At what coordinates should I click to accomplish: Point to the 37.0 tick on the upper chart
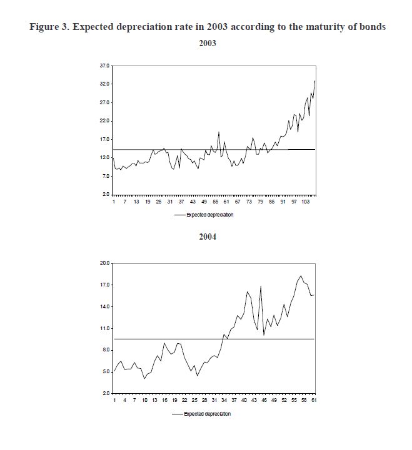click(104, 66)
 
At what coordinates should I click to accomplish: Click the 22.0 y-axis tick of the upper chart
click(104, 120)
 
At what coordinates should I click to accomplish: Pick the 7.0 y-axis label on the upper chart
click(106, 177)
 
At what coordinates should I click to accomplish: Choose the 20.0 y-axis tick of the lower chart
click(104, 263)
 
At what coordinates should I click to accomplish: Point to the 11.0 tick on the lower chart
click(104, 328)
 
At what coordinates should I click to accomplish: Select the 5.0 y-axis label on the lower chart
click(106, 372)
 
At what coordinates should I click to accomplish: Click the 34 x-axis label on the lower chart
click(224, 400)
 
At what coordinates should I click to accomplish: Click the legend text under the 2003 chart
click(209, 214)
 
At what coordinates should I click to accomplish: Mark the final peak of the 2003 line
click(314, 81)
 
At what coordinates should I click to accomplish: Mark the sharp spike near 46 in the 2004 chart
click(261, 286)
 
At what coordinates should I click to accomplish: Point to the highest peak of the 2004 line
click(301, 276)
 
